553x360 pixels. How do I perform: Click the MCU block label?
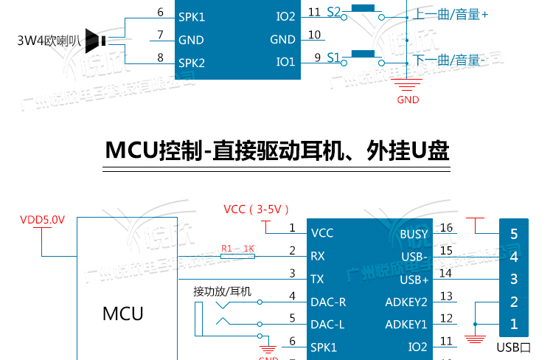pos(122,313)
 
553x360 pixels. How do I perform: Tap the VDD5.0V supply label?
pos(42,220)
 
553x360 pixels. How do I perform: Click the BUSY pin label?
pos(414,234)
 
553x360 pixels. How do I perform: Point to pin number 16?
pos(446,228)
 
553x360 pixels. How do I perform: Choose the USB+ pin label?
pos(414,280)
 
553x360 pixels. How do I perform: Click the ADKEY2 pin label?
pos(406,302)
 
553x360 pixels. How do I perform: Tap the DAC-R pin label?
pos(329,302)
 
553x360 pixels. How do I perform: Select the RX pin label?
pos(318,257)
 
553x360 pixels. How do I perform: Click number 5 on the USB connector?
pos(514,235)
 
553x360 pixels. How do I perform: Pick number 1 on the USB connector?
pos(514,324)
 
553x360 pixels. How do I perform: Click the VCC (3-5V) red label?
pos(257,209)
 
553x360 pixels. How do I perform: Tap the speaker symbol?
pos(95,40)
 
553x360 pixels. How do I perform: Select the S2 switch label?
pos(333,12)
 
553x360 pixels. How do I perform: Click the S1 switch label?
pos(333,57)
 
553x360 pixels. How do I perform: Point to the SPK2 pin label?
pos(191,63)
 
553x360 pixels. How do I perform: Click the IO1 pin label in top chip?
pos(285,62)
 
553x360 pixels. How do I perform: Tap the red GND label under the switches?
pos(408,100)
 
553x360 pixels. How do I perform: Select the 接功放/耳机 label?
pos(222,291)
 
